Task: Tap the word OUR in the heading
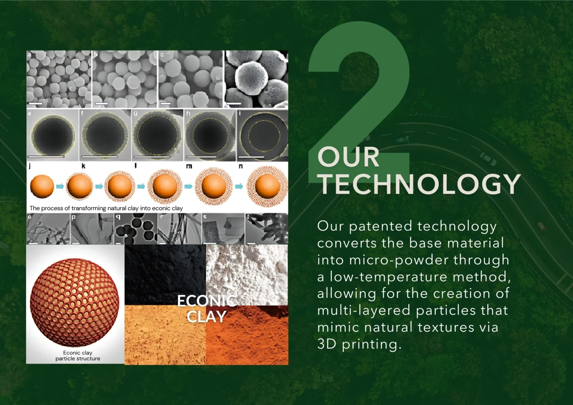[348, 157]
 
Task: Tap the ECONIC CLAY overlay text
[207, 309]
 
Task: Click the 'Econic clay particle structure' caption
[78, 356]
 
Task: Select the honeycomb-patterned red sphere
[74, 302]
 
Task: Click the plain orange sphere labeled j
[42, 186]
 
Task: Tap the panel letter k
[83, 166]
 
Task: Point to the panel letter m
[189, 167]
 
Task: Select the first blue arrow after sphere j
[60, 186]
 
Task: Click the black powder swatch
[165, 275]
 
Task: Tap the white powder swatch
[247, 275]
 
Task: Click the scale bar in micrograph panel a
[35, 103]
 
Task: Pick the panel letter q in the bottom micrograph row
[118, 217]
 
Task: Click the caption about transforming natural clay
[106, 208]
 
